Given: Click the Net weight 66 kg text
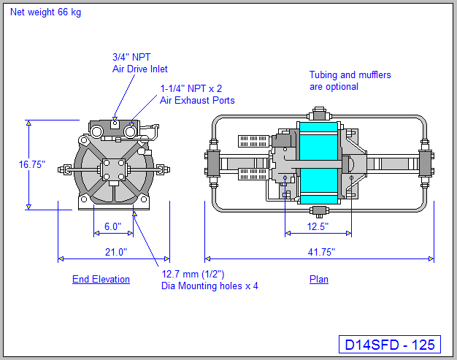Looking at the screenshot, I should pyautogui.click(x=45, y=12).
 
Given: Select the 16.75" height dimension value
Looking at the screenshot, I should pyautogui.click(x=32, y=164).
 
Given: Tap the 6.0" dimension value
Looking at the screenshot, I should pyautogui.click(x=112, y=226).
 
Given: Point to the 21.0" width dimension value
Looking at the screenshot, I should pyautogui.click(x=112, y=252).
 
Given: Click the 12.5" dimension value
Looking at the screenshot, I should pyautogui.click(x=317, y=226).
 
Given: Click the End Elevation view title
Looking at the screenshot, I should pyautogui.click(x=101, y=279).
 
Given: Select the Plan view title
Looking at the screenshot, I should pyautogui.click(x=319, y=279).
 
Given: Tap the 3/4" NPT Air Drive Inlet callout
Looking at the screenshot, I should pyautogui.click(x=139, y=63).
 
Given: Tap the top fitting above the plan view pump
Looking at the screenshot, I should pyautogui.click(x=318, y=114).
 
